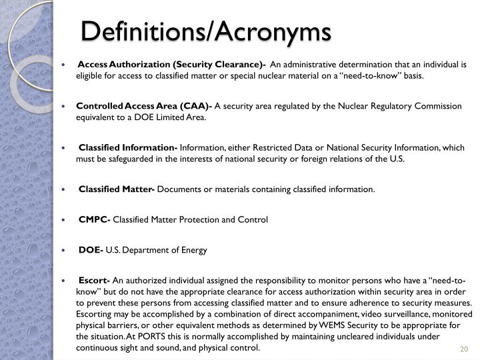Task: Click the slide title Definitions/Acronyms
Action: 206,31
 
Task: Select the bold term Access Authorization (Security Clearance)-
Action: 172,65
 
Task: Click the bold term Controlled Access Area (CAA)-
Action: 144,106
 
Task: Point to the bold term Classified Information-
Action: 128,147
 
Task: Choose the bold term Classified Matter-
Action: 117,189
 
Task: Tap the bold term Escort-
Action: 95,281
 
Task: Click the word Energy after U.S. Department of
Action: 194,250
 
